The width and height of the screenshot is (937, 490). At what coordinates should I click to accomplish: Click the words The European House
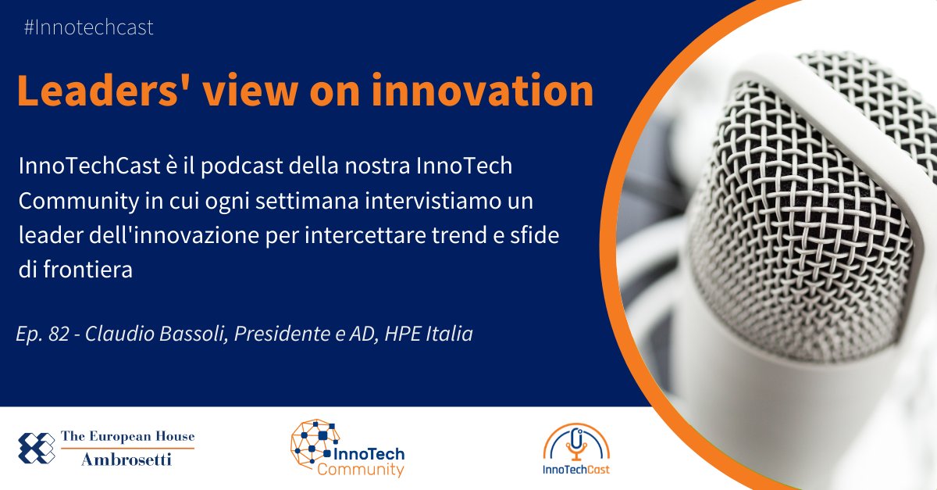(127, 437)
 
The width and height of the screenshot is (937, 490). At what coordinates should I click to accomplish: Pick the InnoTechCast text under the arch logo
(577, 470)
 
